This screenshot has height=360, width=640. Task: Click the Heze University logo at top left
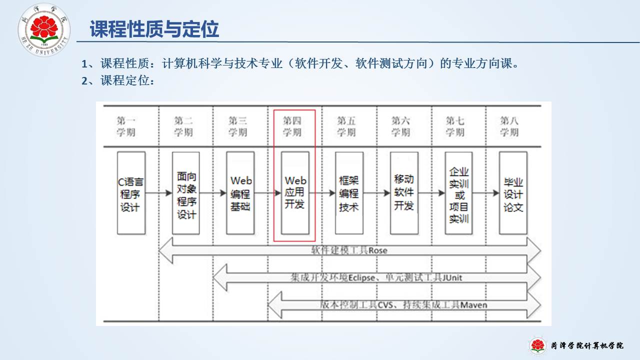44,29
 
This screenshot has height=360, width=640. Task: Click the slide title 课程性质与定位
154,29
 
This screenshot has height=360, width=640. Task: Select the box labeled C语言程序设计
131,193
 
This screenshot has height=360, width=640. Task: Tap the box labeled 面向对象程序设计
186,193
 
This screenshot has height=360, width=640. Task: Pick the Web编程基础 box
240,193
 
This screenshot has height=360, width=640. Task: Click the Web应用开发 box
295,193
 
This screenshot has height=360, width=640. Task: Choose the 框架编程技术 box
349,193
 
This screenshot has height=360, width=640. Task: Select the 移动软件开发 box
404,193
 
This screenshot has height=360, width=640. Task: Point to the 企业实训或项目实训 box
458,193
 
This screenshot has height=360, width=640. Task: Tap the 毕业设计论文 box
513,193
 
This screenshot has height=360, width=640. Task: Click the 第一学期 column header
126,126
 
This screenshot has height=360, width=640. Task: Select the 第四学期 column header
292,126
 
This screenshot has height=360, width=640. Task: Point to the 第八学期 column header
509,126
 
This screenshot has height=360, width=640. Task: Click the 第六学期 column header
400,126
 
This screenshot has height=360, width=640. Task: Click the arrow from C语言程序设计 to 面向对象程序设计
158,192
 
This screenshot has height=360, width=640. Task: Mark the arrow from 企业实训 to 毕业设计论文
485,192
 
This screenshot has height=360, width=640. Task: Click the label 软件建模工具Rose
349,250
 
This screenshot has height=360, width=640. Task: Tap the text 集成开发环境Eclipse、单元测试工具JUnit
376,277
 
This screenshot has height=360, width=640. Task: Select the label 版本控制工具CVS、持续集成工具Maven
403,304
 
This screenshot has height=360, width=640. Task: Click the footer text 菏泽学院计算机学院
587,345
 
